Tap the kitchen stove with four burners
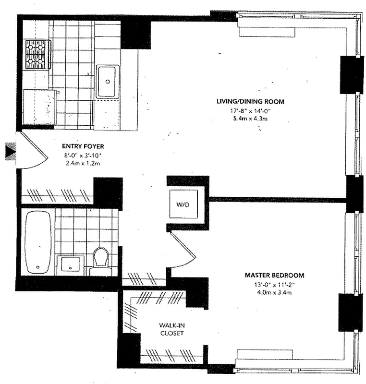point(38,54)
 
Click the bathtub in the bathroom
point(37,242)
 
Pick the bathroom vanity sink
point(70,264)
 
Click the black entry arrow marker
point(10,153)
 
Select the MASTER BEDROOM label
point(274,276)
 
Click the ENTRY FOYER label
point(83,146)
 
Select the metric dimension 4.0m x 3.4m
point(274,293)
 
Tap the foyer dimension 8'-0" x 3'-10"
point(83,155)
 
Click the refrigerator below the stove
point(39,107)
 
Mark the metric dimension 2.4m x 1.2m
point(83,163)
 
